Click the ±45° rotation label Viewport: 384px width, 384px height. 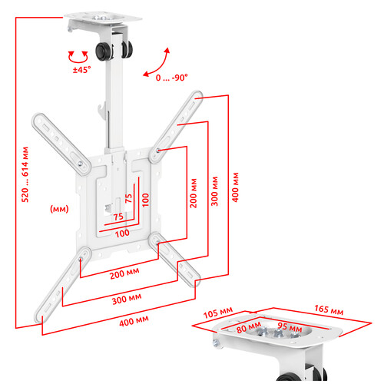tap(81, 70)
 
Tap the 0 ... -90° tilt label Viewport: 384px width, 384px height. tap(172, 78)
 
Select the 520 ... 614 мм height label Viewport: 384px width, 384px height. tap(25, 174)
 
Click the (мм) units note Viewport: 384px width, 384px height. tap(59, 209)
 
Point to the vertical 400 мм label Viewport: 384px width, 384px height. tap(235, 187)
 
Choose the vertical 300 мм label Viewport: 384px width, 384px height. tap(214, 191)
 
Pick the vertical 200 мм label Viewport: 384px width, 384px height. tap(194, 193)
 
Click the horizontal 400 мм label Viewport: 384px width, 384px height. tap(134, 321)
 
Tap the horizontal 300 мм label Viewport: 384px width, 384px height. tap(127, 299)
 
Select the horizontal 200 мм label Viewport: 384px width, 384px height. tap(124, 273)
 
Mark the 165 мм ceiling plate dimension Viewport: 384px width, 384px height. tap(329, 310)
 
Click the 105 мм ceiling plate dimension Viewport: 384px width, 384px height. tap(218, 313)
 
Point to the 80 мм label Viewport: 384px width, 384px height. tap(248, 328)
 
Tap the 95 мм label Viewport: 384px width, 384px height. tap(290, 327)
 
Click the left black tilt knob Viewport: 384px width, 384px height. tap(104, 51)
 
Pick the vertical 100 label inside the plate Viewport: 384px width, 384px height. tap(145, 200)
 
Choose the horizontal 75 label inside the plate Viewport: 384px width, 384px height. tap(118, 217)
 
